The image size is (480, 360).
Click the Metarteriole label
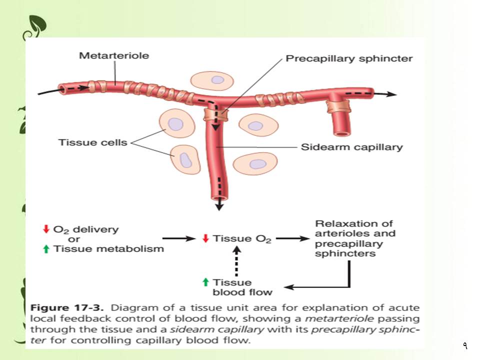point(114,56)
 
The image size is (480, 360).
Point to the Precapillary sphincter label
point(349,58)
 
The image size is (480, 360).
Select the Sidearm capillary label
point(351,147)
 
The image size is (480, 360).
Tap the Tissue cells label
point(93,142)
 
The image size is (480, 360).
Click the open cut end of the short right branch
point(343,133)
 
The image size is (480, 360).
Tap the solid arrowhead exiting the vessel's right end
point(392,94)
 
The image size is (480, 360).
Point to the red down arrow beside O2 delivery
point(46,229)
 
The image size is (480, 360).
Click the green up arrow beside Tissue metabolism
point(46,248)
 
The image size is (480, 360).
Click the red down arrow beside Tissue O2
point(204,238)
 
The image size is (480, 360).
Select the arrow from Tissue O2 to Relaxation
point(293,239)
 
